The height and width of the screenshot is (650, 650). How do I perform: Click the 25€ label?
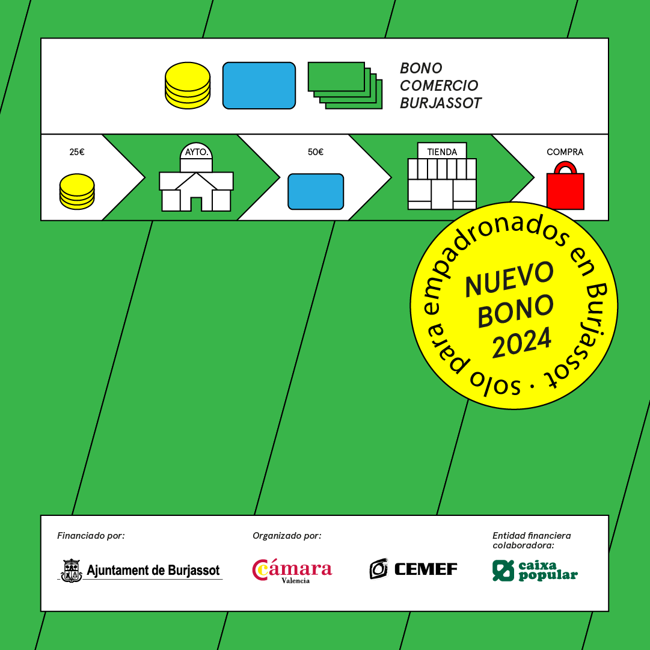coord(77,152)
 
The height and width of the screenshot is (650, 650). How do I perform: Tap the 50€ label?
coord(316,152)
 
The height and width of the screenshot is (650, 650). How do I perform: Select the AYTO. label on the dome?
coord(197,152)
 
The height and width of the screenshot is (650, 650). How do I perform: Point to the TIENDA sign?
coord(442,152)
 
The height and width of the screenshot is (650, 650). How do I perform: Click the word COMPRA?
coord(565,152)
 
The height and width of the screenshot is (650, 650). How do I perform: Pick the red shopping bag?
coord(565,186)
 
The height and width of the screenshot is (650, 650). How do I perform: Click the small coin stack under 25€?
coord(77,192)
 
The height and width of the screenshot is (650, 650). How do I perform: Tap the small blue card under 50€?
coord(316,192)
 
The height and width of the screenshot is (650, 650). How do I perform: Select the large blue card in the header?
coord(259,86)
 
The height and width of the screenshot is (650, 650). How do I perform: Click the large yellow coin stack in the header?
coord(188,86)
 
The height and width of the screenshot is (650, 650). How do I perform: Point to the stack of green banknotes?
coord(345,86)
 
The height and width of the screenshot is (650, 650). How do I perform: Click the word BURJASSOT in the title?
coord(440,103)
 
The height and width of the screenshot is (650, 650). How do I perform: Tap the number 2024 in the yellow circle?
coord(521,342)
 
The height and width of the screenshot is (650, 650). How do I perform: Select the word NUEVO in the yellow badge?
coord(509,279)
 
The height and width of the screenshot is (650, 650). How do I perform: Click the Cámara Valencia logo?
coord(292,571)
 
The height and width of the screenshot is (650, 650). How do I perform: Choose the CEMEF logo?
coord(413,569)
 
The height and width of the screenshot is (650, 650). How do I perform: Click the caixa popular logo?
coord(535,571)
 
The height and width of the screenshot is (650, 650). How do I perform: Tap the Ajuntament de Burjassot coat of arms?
coord(72,571)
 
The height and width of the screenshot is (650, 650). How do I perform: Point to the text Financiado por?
coord(91,536)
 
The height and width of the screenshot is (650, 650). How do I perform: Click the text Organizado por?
coord(287,536)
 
